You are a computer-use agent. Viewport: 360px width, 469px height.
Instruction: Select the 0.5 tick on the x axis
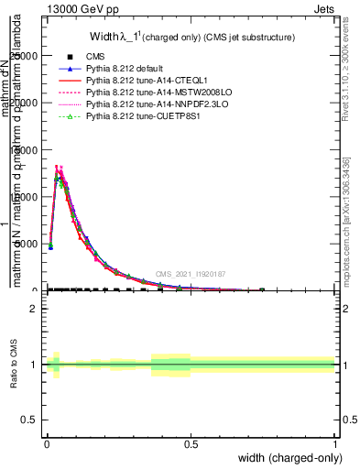pyautogui.click(x=191, y=444)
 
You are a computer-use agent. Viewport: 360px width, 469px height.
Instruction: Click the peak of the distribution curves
pyautogui.click(x=58, y=168)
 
